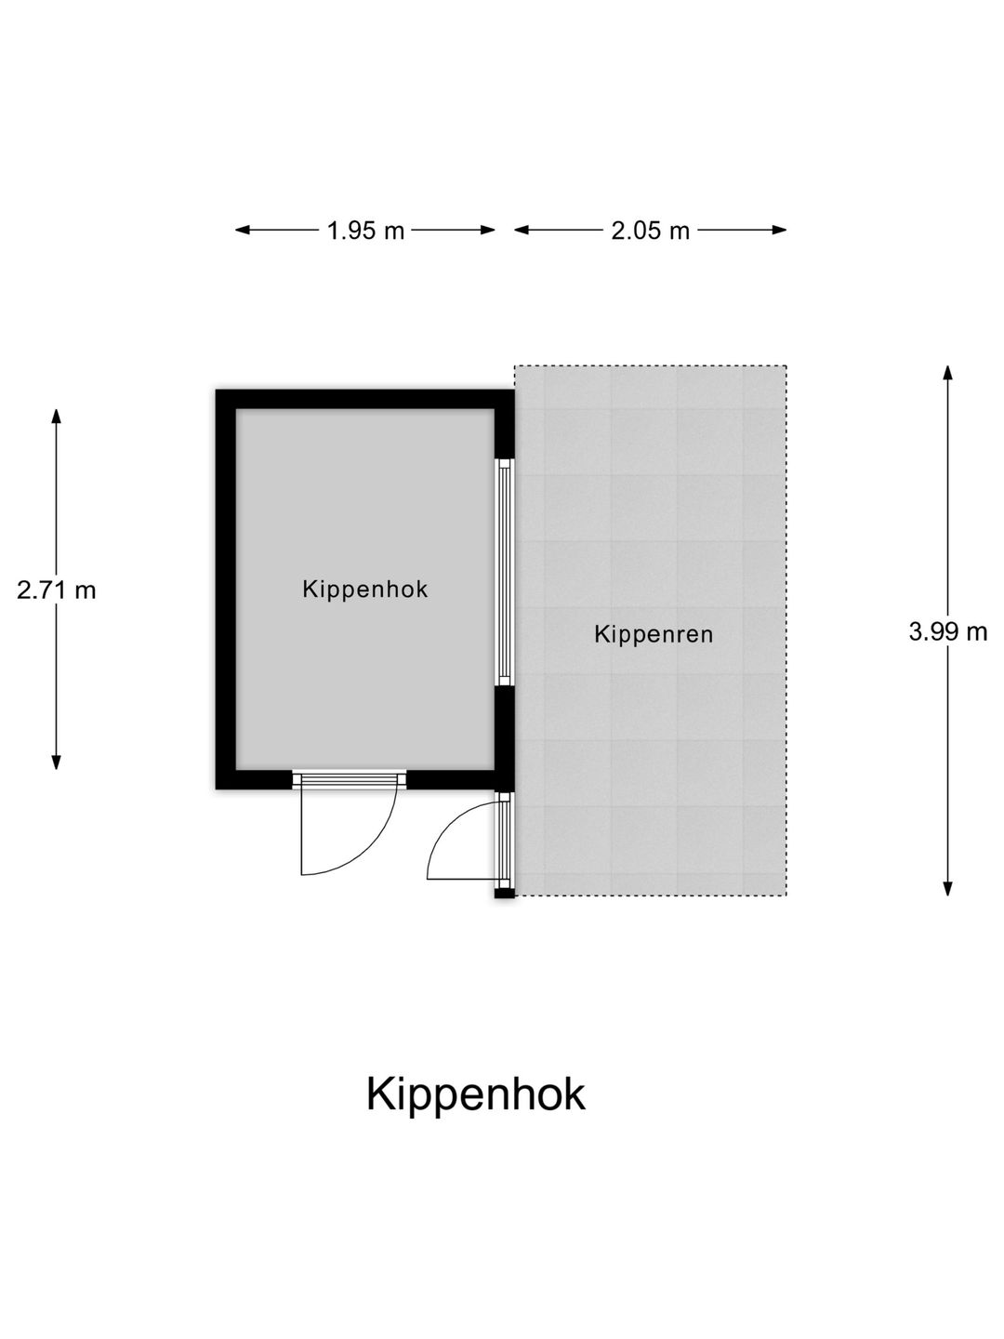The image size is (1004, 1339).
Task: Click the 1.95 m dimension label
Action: click(x=365, y=231)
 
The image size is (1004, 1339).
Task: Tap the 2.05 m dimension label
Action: click(x=651, y=231)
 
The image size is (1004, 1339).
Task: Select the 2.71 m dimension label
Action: click(x=56, y=590)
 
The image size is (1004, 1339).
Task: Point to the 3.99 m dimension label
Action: click(x=948, y=631)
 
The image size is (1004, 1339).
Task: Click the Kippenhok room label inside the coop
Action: click(x=365, y=590)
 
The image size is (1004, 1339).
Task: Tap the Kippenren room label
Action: click(x=654, y=634)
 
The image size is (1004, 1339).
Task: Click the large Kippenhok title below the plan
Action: click(x=475, y=1094)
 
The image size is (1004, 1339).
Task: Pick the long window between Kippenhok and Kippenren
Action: click(x=504, y=572)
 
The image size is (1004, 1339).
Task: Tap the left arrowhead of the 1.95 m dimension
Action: click(x=243, y=230)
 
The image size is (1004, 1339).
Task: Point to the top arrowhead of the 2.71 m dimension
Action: click(x=56, y=417)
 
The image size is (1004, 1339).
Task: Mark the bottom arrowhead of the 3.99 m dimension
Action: click(x=948, y=888)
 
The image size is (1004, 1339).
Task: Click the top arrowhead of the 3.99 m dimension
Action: click(x=948, y=373)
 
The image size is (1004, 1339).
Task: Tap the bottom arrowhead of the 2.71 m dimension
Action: click(x=56, y=762)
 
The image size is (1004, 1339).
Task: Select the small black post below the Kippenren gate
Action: click(x=505, y=894)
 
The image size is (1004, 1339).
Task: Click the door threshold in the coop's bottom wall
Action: click(x=350, y=779)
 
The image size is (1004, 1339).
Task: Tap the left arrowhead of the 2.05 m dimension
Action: click(x=522, y=230)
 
